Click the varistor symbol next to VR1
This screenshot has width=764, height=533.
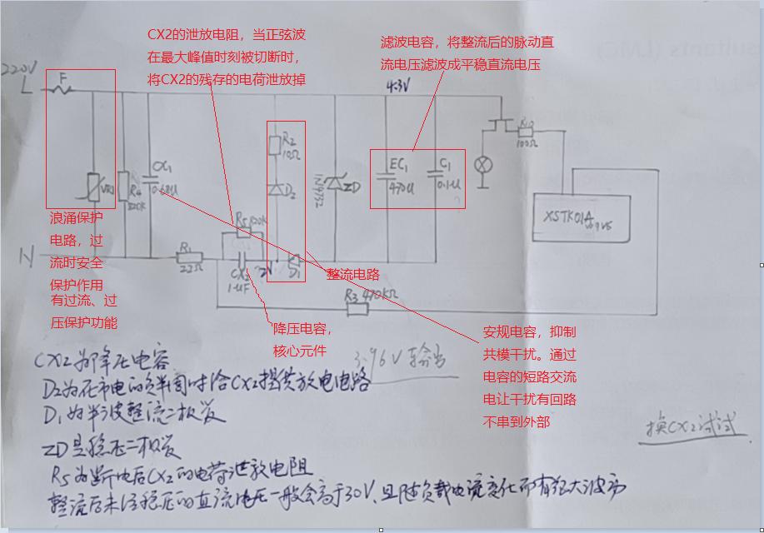coord(94,187)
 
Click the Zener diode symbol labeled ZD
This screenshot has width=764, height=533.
coord(335,187)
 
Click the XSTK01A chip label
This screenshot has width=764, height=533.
coord(569,217)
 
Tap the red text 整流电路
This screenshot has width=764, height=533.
coord(352,274)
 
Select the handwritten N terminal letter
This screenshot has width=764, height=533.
coord(27,259)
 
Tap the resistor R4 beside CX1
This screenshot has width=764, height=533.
coord(123,185)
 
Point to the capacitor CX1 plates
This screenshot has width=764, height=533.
coord(152,177)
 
